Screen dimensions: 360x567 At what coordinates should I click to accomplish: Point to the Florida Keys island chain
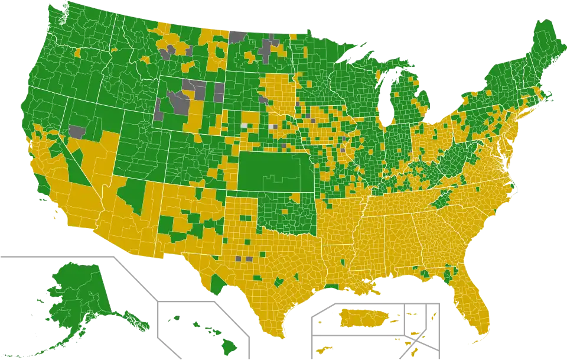470,342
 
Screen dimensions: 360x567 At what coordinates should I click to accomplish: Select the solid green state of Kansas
272,171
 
